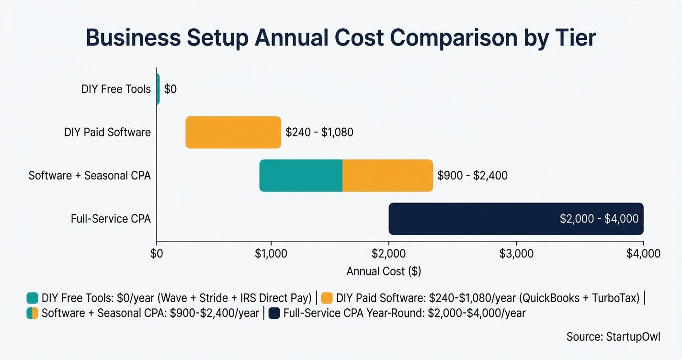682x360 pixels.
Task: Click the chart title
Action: pyautogui.click(x=341, y=38)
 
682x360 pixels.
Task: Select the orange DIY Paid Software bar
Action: pyautogui.click(x=233, y=132)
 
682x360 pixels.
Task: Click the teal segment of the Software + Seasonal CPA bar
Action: pyautogui.click(x=301, y=176)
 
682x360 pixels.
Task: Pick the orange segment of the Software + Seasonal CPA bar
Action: pyautogui.click(x=387, y=176)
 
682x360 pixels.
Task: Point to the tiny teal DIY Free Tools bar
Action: pyautogui.click(x=158, y=89)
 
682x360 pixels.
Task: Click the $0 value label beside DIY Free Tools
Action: pyautogui.click(x=170, y=90)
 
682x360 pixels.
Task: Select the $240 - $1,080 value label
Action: pyautogui.click(x=319, y=132)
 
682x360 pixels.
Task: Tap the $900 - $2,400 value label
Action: pyautogui.click(x=472, y=176)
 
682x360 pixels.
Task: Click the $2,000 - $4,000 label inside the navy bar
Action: pyautogui.click(x=599, y=219)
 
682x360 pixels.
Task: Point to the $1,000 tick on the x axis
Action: pyautogui.click(x=272, y=254)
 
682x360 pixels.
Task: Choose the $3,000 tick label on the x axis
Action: pyautogui.click(x=516, y=254)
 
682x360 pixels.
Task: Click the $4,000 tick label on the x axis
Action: pyautogui.click(x=643, y=254)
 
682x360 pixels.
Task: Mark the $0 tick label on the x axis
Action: pyautogui.click(x=157, y=254)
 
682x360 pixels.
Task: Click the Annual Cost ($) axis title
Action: pyautogui.click(x=384, y=271)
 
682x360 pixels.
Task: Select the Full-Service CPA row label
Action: pyautogui.click(x=111, y=219)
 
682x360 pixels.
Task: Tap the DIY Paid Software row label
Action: pyautogui.click(x=107, y=132)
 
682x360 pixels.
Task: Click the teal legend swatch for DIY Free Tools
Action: pyautogui.click(x=32, y=298)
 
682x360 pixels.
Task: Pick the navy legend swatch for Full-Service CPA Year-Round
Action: pyautogui.click(x=274, y=314)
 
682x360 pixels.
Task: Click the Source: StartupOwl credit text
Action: pyautogui.click(x=613, y=337)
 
